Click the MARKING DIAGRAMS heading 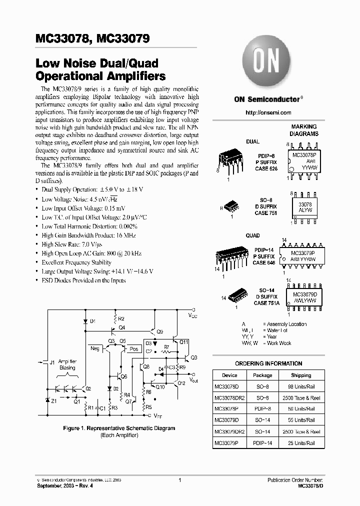pos(304,131)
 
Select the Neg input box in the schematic pos(94,348)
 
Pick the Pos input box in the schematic pos(134,349)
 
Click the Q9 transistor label pos(159,331)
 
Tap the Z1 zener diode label pos(54,400)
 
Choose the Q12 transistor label pos(181,383)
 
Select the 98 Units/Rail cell pos(304,387)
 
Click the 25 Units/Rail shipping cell pos(304,443)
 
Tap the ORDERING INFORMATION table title pos(268,363)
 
